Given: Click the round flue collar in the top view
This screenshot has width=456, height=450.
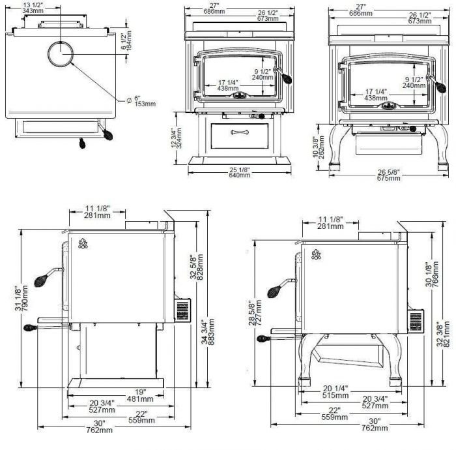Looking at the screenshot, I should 61,53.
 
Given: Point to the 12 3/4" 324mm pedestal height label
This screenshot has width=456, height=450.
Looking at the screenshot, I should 176,138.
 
